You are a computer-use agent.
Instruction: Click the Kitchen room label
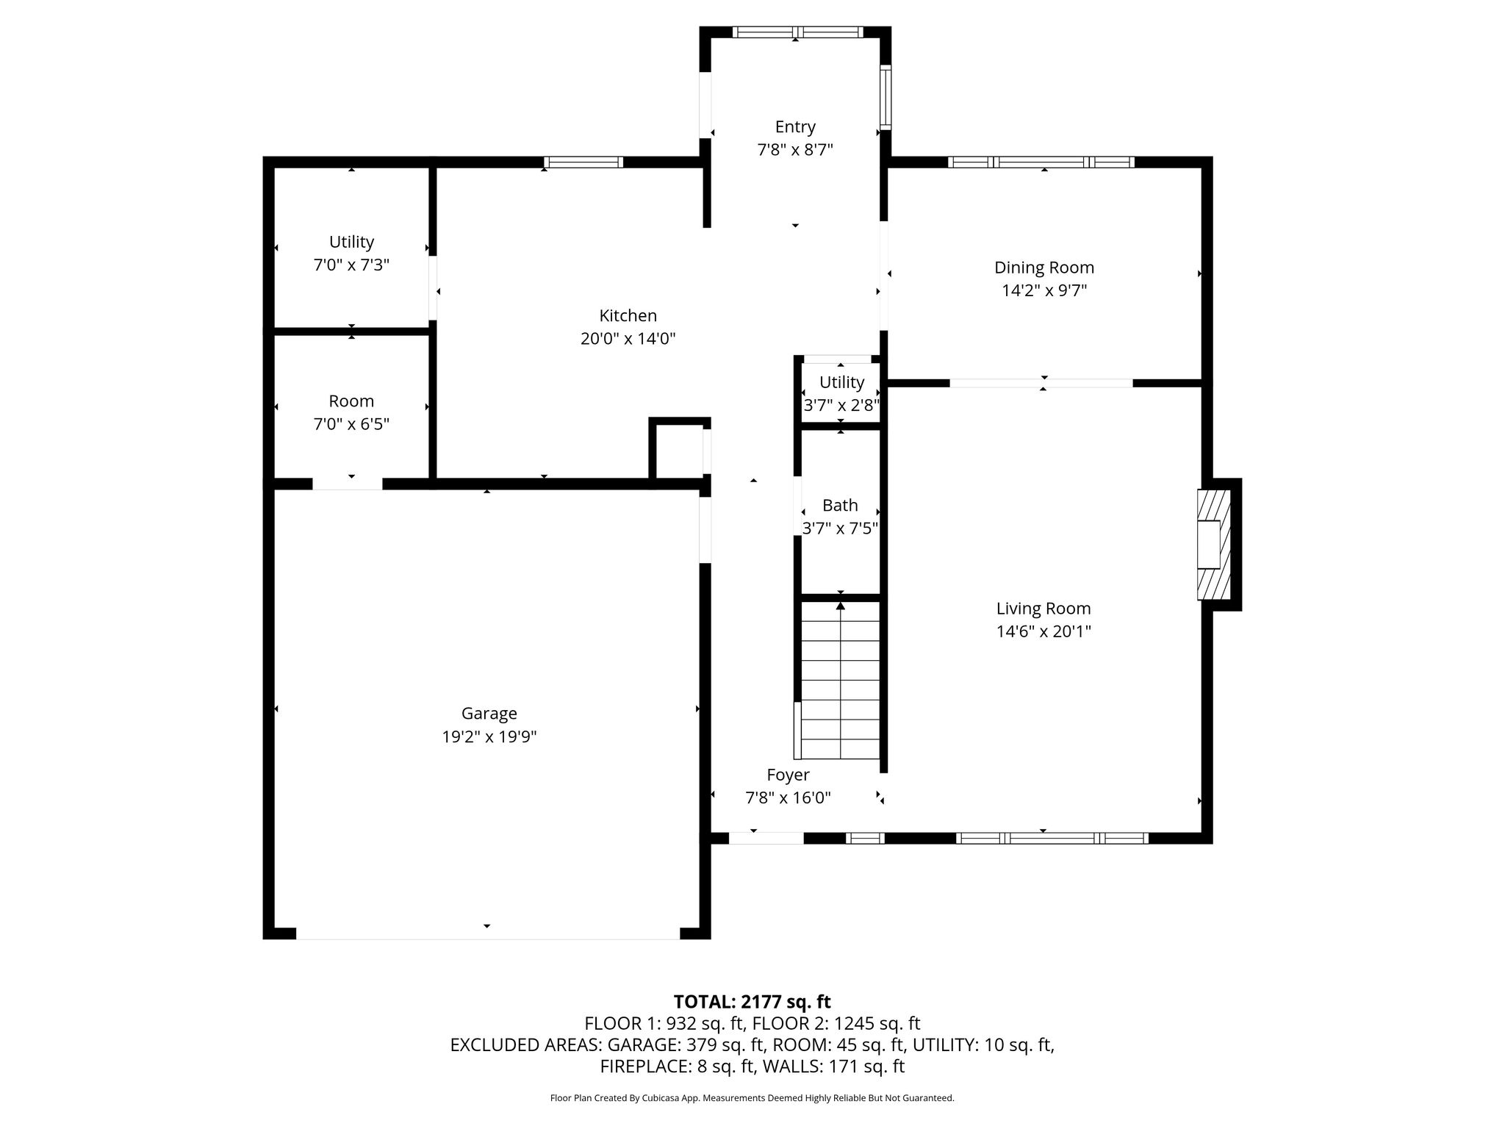point(628,316)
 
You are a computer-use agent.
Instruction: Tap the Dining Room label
point(1044,268)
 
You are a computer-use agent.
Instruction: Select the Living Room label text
point(1044,609)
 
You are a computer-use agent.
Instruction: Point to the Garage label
point(489,714)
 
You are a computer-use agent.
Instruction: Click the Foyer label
point(788,775)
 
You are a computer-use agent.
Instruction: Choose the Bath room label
point(840,506)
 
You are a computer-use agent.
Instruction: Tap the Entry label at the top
point(795,127)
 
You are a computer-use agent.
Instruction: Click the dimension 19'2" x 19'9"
point(489,737)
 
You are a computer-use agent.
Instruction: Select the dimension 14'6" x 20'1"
point(1044,631)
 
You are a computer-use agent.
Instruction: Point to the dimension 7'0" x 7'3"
point(351,265)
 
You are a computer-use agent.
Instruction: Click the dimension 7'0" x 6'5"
point(351,424)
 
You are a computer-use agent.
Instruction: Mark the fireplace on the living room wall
point(1214,545)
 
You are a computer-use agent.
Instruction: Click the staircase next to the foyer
point(840,680)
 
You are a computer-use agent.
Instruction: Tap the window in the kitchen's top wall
point(583,162)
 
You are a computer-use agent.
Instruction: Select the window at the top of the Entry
point(798,32)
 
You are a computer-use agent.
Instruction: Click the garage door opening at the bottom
point(488,933)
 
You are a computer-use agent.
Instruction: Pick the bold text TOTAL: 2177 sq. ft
point(752,1002)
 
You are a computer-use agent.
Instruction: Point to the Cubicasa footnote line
point(752,1098)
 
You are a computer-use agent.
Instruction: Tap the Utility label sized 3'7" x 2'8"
point(841,382)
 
